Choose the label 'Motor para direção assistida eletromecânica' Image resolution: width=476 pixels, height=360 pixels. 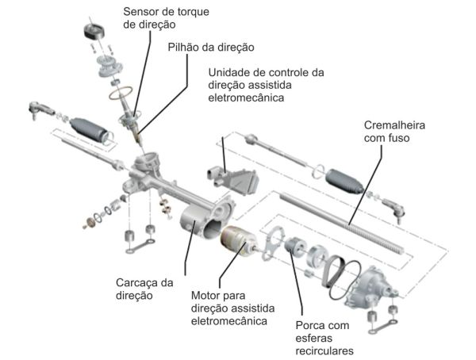coord(231,308)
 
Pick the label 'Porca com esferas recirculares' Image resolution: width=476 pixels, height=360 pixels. coord(323,337)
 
